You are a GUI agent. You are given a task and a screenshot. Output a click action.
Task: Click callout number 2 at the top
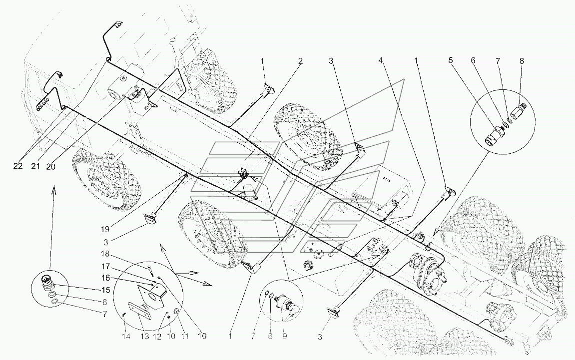[300, 61]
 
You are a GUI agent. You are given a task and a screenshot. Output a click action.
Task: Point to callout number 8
[522, 61]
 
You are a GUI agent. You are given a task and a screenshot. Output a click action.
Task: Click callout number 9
[285, 337]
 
